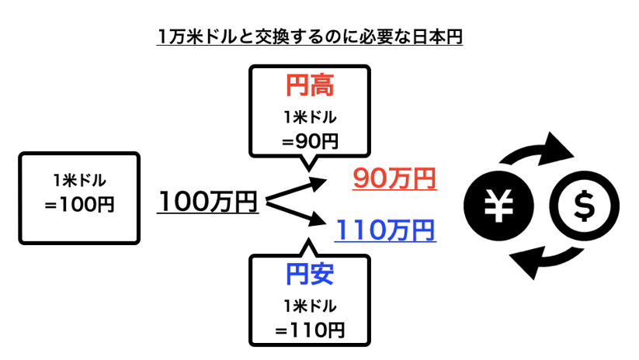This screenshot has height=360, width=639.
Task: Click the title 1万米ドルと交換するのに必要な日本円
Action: [x=310, y=36]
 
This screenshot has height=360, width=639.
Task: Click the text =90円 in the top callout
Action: [x=310, y=141]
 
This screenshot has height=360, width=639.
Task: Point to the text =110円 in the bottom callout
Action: [x=310, y=329]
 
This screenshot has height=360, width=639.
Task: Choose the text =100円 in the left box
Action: [x=80, y=206]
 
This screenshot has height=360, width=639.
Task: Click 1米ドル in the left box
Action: [x=80, y=181]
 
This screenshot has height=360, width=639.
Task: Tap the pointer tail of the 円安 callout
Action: [x=308, y=247]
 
